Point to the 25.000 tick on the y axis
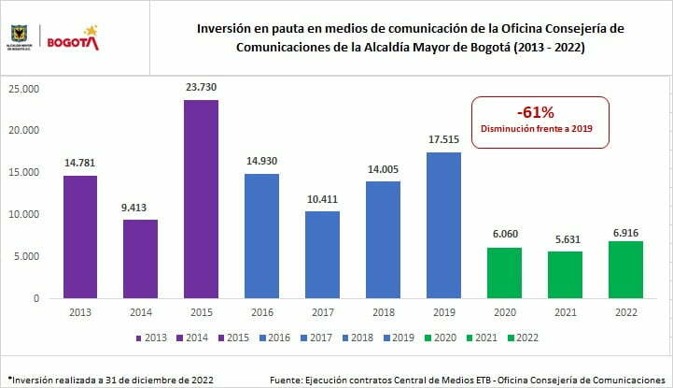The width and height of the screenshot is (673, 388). click(x=24, y=89)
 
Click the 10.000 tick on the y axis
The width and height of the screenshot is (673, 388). click(x=24, y=215)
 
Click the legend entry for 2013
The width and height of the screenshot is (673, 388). click(x=152, y=338)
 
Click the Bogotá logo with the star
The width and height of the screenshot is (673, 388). click(x=73, y=38)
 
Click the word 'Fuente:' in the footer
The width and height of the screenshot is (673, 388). click(x=285, y=380)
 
